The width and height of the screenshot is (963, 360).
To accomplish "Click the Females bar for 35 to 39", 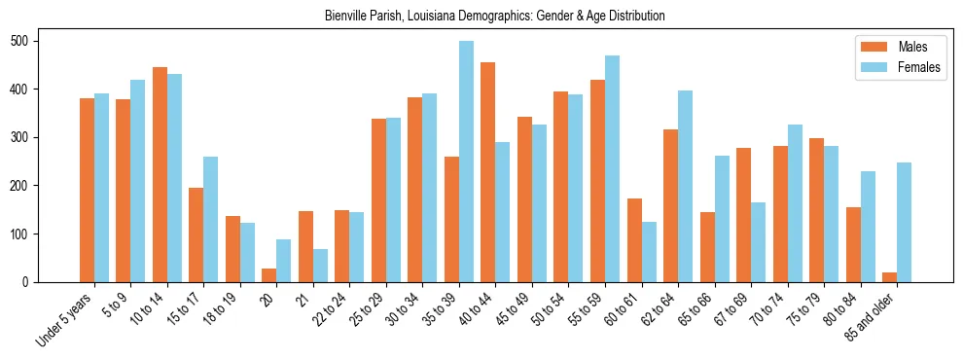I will click(466, 162).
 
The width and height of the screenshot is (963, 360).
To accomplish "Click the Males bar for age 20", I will click(269, 275).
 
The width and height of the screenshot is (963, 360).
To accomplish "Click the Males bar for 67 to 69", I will click(744, 215).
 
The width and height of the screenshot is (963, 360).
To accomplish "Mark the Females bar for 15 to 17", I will click(211, 219).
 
